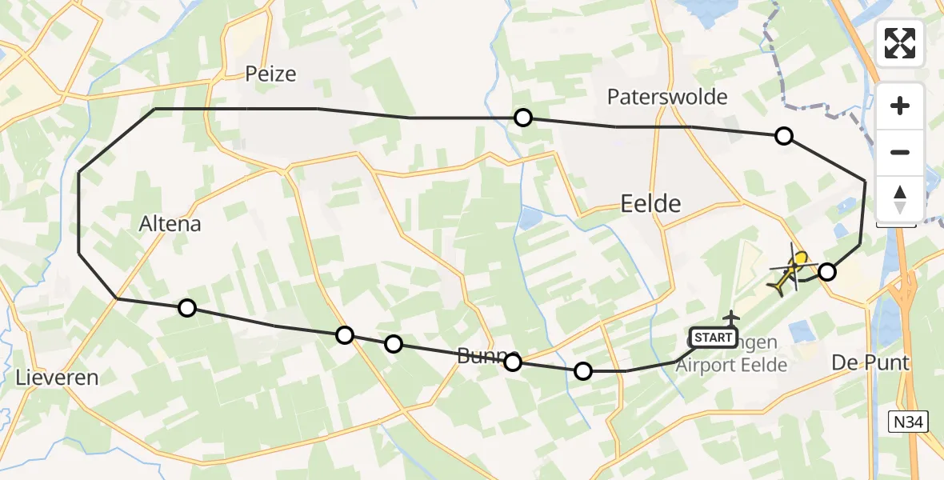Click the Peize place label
click(270, 74)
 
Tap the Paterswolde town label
click(667, 98)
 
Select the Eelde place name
click(650, 204)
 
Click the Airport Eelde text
click(732, 365)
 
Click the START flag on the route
click(713, 338)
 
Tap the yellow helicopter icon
click(790, 272)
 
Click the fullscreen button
click(900, 43)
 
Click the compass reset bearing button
click(900, 198)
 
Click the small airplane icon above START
click(731, 318)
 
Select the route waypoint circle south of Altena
click(186, 307)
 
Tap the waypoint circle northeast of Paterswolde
click(784, 136)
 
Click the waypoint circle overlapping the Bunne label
click(513, 362)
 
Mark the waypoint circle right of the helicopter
click(826, 272)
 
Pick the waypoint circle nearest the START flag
click(583, 370)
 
